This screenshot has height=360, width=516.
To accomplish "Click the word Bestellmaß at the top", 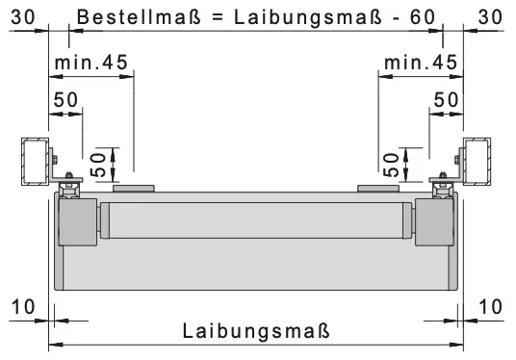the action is (139, 16).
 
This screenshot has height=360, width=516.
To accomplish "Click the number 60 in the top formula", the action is (423, 17).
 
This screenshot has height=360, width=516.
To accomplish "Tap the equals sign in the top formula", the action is (218, 17).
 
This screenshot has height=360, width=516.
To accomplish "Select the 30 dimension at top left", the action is (23, 16).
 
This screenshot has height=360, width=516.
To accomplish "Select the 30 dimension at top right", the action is (490, 16).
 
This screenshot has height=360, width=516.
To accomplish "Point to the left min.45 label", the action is (91, 63).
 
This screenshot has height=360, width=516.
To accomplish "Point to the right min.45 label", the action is (421, 63).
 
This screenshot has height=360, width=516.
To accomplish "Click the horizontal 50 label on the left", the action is (65, 99).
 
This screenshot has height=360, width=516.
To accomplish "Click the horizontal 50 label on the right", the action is (446, 99).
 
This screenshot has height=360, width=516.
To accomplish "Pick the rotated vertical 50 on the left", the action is (98, 165).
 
